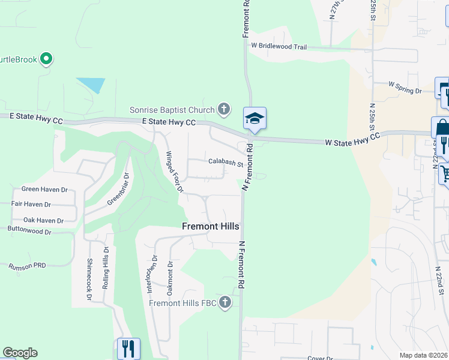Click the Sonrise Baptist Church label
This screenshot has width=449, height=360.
pyautogui.click(x=172, y=110)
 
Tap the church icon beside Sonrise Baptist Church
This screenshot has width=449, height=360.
pyautogui.click(x=224, y=109)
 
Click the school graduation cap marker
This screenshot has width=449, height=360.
pyautogui.click(x=255, y=118)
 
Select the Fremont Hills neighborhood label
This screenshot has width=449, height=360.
pyautogui.click(x=211, y=226)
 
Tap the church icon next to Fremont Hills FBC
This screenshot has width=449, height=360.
pyautogui.click(x=225, y=302)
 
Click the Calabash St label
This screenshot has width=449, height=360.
pyautogui.click(x=225, y=161)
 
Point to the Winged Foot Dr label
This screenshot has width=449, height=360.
pyautogui.click(x=174, y=172)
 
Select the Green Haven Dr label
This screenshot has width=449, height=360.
pyautogui.click(x=44, y=189)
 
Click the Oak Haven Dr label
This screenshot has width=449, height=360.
pyautogui.click(x=43, y=220)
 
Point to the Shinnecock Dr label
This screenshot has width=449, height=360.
pyautogui.click(x=89, y=279)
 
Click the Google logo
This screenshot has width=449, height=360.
pyautogui.click(x=20, y=353)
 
